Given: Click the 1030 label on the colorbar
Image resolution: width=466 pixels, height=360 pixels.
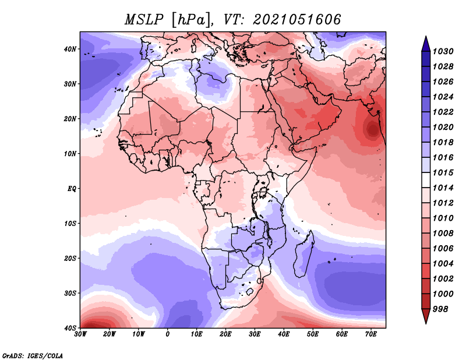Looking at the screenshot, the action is [x=443, y=51].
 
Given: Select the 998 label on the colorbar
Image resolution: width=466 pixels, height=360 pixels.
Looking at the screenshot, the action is [x=440, y=309].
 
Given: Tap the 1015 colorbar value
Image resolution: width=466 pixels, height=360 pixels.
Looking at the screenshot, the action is [x=443, y=172].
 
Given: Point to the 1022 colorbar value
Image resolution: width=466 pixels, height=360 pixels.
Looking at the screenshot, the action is [x=443, y=112].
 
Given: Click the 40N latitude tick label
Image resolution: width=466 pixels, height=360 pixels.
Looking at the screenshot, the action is [x=70, y=49].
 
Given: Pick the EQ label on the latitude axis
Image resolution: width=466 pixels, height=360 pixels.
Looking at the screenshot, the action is [x=72, y=189].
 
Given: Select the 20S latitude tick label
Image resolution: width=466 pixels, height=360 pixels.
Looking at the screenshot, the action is [x=70, y=258].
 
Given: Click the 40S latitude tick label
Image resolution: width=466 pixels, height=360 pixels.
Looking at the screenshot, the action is [x=70, y=328].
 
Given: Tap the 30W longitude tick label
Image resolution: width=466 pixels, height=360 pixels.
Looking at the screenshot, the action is [x=80, y=334].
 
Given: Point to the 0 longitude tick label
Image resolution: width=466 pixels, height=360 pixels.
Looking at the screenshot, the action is [x=168, y=334].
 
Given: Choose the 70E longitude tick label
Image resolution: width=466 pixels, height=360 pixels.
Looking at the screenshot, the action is [x=371, y=334].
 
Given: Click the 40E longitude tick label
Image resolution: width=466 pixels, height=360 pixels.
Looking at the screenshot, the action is [x=284, y=334].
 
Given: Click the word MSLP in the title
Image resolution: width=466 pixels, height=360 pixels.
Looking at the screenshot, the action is [x=144, y=20].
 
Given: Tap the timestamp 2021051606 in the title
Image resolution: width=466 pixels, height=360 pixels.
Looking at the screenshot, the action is [x=296, y=20].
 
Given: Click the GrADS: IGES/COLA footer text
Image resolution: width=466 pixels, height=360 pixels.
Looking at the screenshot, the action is [x=33, y=355].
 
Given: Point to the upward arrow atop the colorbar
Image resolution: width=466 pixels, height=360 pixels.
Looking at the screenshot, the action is [x=426, y=44].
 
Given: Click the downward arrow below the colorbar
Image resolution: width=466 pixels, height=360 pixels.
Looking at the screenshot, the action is [x=426, y=316].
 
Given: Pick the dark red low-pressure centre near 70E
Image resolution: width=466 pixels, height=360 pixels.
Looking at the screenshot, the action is [x=372, y=130].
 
